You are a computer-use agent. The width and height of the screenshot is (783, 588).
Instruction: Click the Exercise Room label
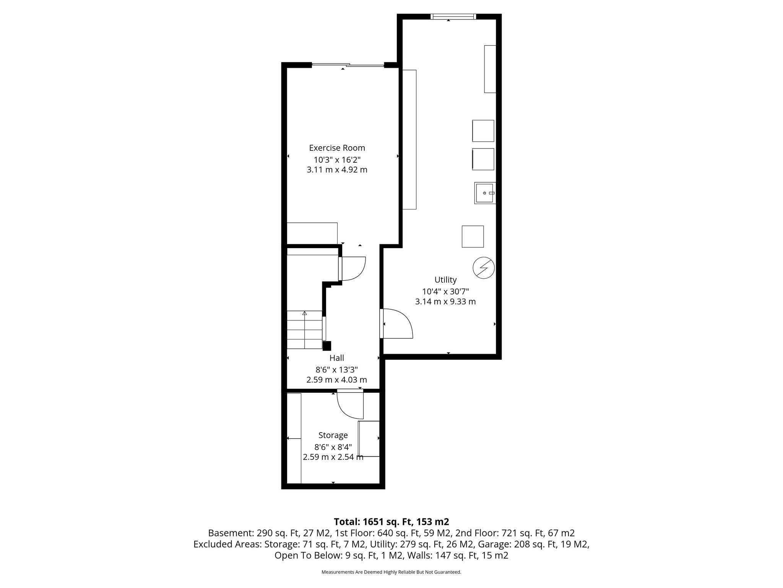pos(337,148)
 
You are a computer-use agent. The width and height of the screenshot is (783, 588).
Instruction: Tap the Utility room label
pos(445,280)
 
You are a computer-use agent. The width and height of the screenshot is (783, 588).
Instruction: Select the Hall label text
pos(336,358)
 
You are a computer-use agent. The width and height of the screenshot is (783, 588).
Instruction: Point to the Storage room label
pos(333,435)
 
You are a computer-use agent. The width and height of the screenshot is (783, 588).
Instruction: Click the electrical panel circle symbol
pos(484,267)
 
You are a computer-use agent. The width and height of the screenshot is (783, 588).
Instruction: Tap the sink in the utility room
pos(485,193)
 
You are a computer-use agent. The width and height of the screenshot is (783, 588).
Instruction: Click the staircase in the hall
pos(305,330)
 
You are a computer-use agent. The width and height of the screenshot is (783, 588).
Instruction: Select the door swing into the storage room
pos(350,406)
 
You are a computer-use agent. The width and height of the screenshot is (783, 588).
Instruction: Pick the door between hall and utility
pos(397,324)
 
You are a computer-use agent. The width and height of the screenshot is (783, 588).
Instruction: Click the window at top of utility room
pos(453,16)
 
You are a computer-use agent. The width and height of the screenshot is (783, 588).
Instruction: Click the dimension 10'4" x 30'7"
pos(445,291)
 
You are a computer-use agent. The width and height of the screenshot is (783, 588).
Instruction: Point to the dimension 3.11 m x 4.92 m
pos(337,170)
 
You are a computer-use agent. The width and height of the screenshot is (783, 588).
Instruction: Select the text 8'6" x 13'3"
pos(336,369)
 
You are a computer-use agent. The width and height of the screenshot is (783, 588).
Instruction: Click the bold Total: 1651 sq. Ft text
pos(391,522)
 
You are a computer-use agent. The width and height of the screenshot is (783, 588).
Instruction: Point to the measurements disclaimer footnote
pos(391,572)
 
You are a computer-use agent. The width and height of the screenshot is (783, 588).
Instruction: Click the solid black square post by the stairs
pos(327,346)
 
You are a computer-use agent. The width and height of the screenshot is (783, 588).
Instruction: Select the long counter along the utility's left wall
pos(409,139)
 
